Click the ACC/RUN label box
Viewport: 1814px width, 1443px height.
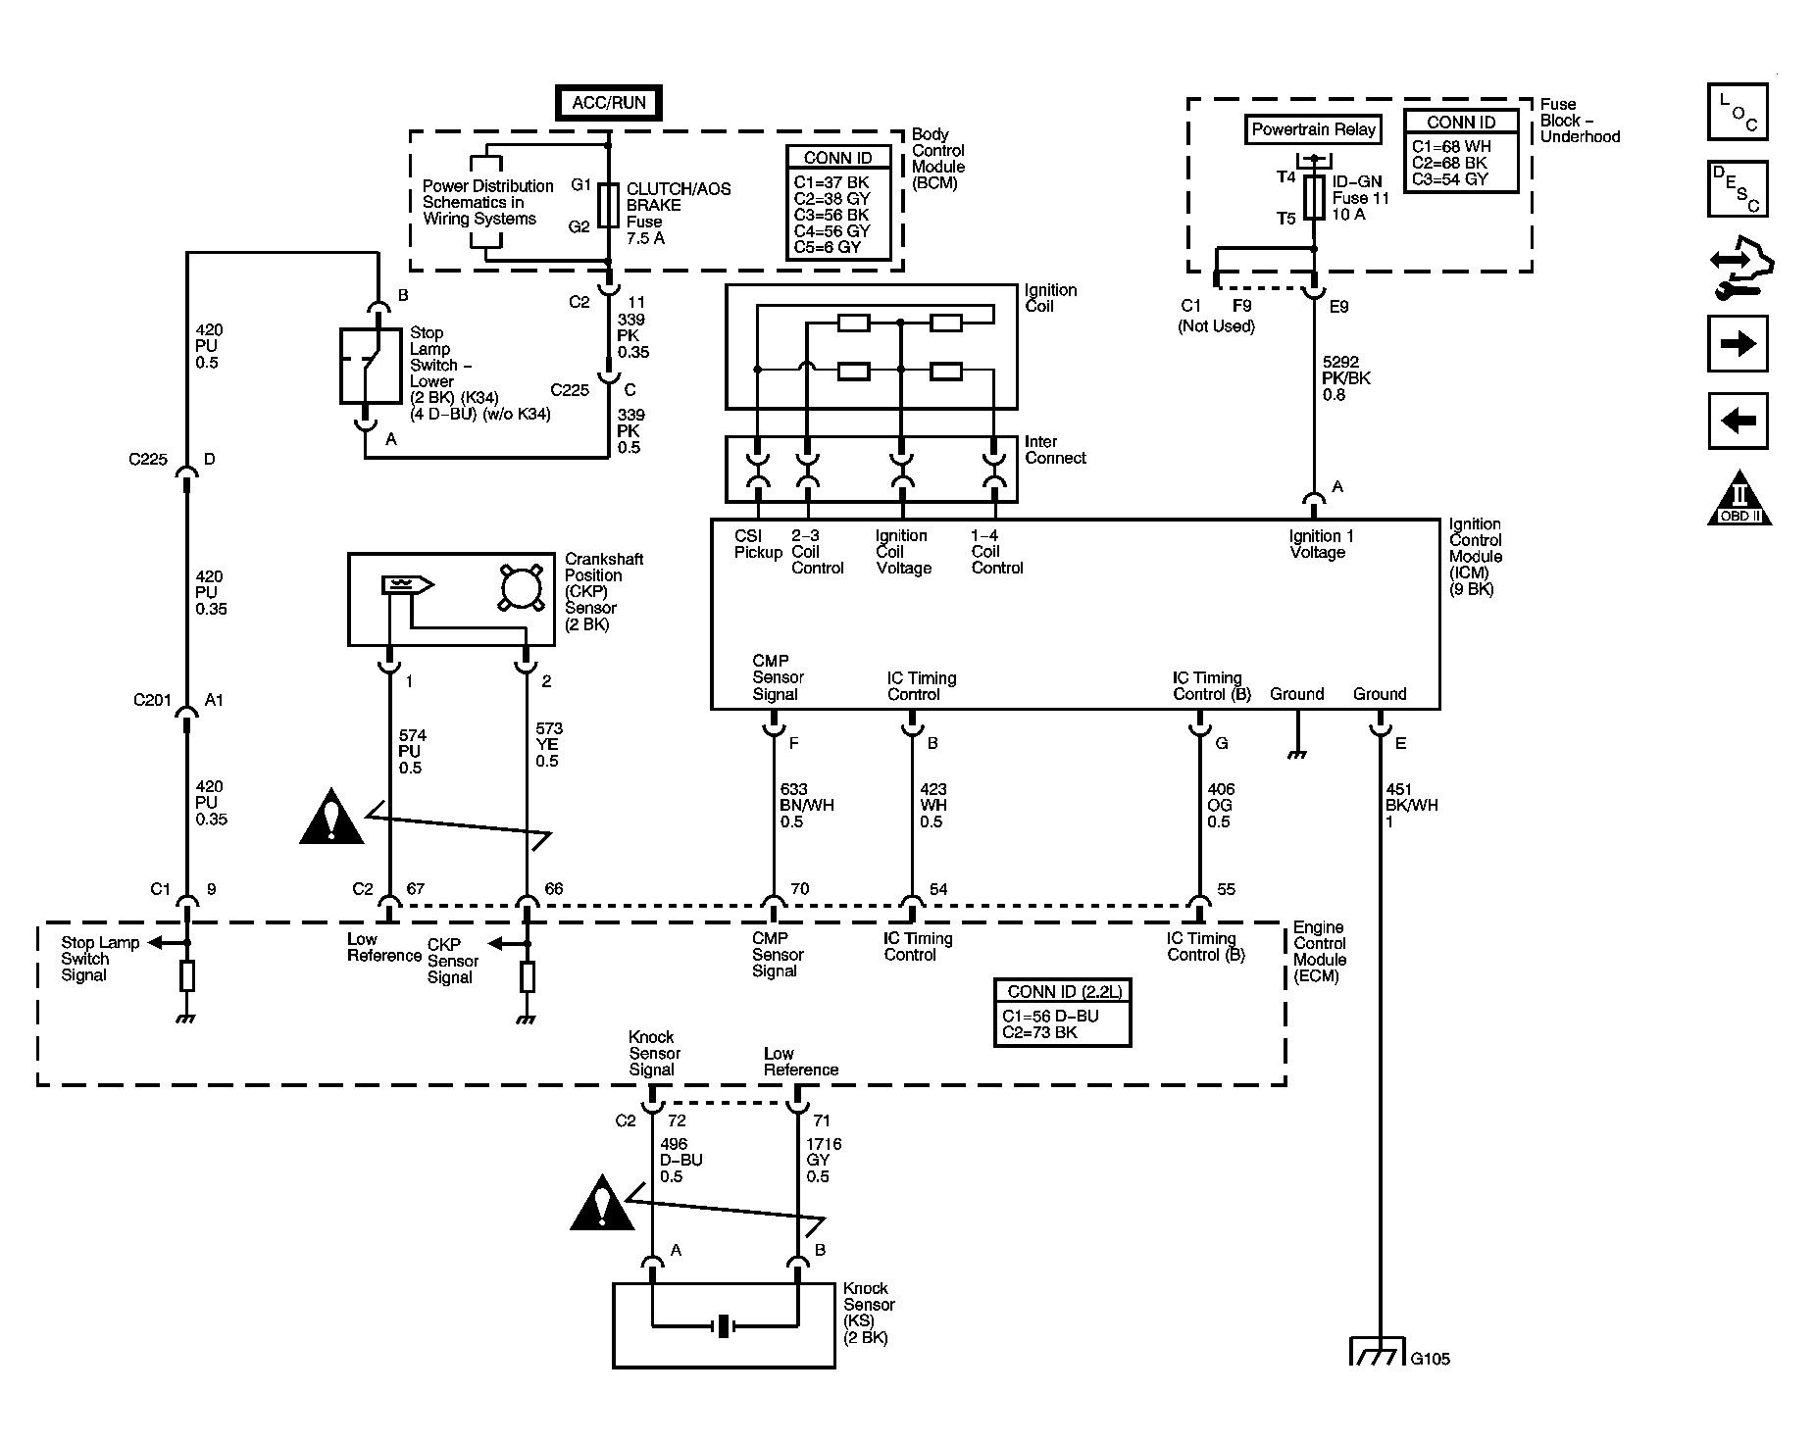coord(608,103)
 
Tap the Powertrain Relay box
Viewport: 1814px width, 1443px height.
coord(1314,129)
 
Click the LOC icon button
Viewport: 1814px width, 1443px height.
coord(1737,112)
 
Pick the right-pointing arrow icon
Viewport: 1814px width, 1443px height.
coord(1737,343)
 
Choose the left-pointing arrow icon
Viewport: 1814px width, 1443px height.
coord(1737,422)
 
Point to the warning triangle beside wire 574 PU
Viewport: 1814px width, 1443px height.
coord(331,818)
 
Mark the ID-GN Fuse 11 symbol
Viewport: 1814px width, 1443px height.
coord(1314,197)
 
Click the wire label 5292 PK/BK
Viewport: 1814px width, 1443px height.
coord(1345,378)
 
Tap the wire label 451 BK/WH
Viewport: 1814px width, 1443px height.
coord(1411,805)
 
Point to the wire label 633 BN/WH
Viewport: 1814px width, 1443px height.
coord(807,805)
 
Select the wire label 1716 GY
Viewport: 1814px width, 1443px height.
coord(823,1160)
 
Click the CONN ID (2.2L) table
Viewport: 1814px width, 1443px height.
coord(1061,1013)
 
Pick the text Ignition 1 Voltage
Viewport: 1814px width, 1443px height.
coord(1320,544)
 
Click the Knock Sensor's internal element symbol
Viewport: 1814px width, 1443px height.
coord(724,1326)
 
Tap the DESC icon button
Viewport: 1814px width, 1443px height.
coord(1737,189)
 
